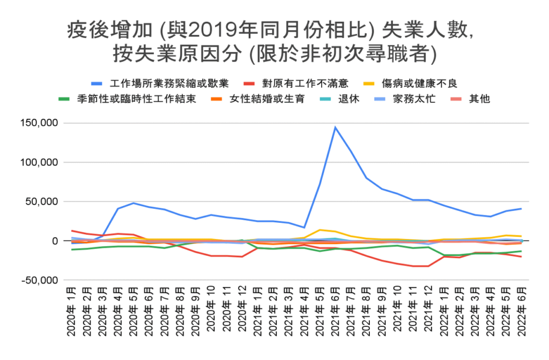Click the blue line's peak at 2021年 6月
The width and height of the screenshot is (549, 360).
335,127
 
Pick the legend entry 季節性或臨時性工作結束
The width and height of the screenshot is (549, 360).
136,99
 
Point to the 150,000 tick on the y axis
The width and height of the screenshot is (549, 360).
39,123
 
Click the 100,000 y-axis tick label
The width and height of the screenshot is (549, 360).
39,162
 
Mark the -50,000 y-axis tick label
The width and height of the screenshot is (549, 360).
39,280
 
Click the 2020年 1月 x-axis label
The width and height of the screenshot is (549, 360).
72,313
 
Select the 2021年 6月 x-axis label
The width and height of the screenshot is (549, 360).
335,313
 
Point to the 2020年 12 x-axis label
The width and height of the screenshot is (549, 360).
242,313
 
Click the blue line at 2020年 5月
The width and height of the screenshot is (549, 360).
133,203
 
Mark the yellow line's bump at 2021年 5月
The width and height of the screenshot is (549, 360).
320,230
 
